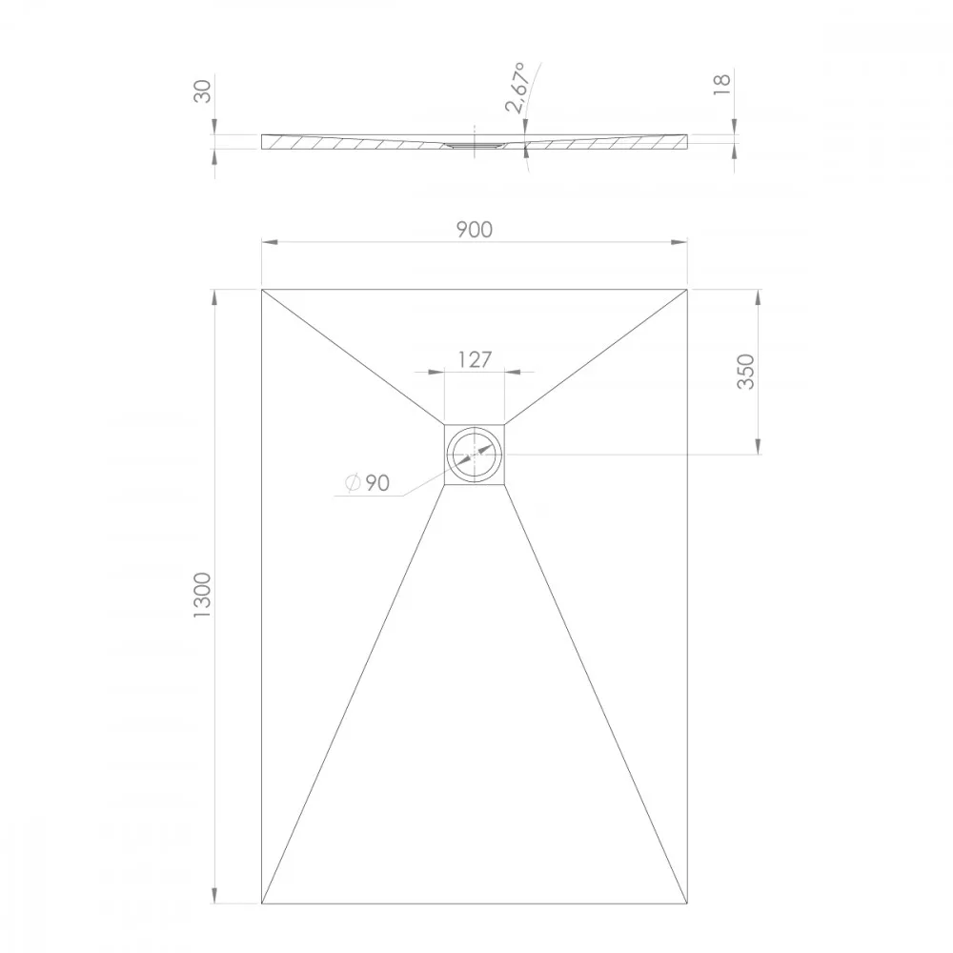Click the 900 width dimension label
tap(474, 230)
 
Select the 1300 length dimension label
tap(202, 595)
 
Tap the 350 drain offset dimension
tap(745, 372)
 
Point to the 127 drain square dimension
tap(474, 360)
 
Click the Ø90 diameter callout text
tap(367, 482)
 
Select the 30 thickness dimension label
tap(202, 91)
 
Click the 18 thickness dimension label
tap(721, 85)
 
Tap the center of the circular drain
tap(475, 454)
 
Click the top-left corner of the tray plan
tap(262, 290)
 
